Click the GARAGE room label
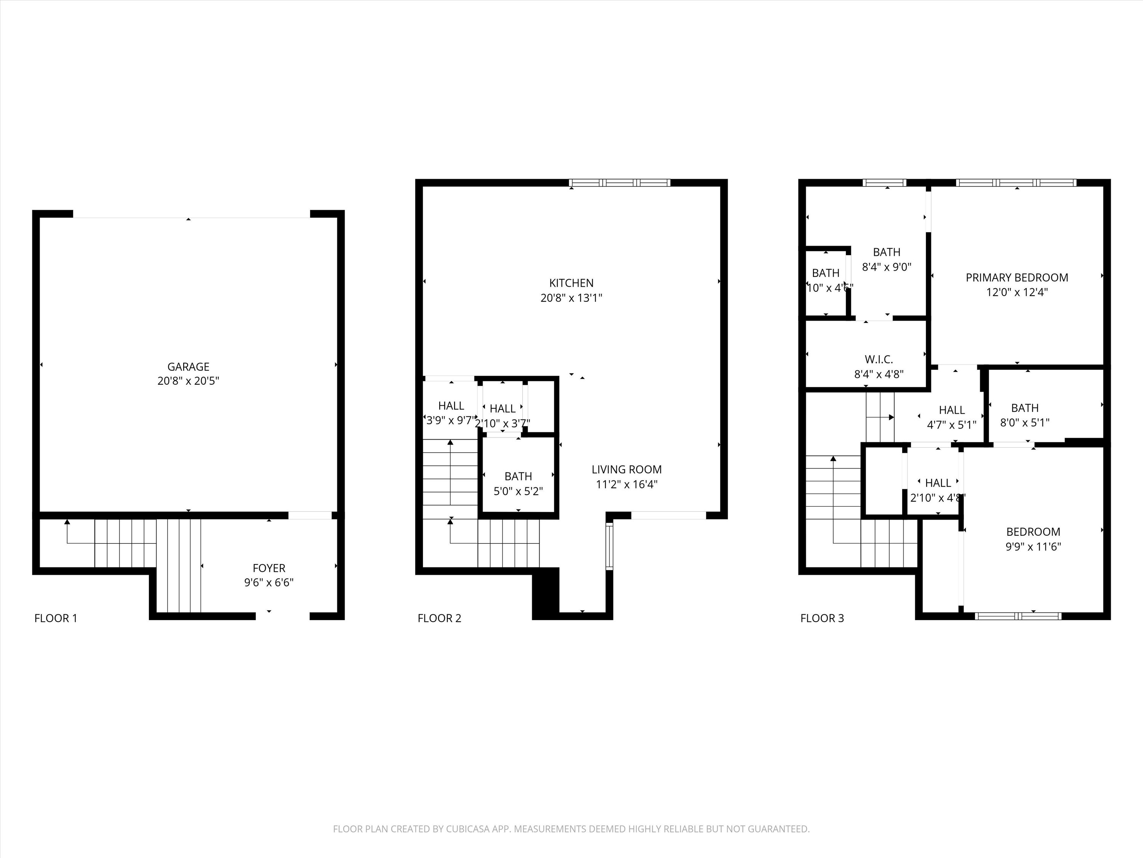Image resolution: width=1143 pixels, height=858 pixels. (x=188, y=367)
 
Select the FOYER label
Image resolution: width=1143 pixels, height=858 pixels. (x=269, y=568)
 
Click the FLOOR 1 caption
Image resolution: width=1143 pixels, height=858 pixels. (x=56, y=618)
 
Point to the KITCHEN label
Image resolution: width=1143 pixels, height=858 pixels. (x=571, y=283)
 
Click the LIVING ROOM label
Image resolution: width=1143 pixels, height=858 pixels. (x=626, y=469)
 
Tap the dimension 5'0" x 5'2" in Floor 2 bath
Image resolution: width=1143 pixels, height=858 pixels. (x=518, y=491)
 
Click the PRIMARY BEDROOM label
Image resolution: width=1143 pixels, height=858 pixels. (x=1017, y=278)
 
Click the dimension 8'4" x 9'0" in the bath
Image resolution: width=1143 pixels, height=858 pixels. (x=886, y=267)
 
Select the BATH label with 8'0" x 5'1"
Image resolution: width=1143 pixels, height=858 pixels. (x=1025, y=408)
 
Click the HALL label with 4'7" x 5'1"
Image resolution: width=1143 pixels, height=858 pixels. (x=951, y=410)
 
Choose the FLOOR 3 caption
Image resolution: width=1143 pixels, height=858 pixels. (x=821, y=618)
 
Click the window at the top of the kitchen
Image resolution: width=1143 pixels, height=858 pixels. (x=620, y=183)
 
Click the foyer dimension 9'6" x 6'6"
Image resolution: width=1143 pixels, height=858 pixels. (x=269, y=583)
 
